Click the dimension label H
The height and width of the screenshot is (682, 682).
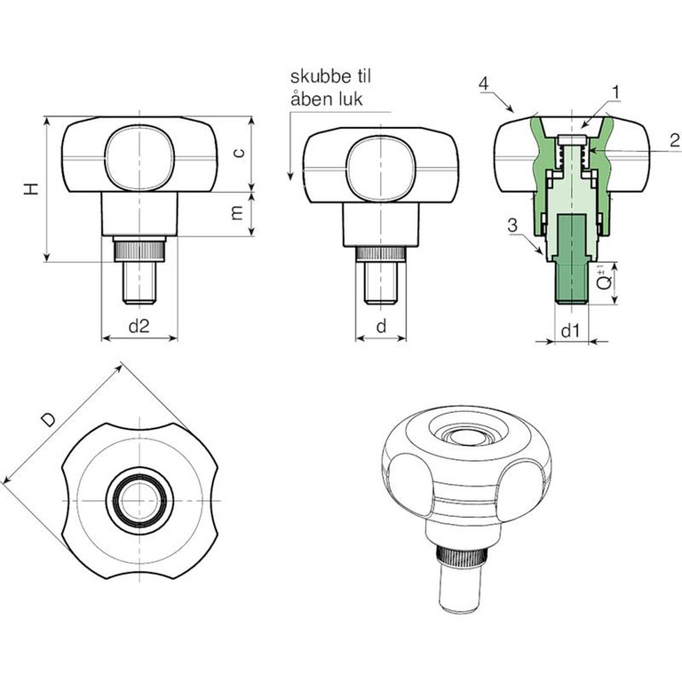point(31,189)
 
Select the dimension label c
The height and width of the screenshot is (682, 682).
point(238,152)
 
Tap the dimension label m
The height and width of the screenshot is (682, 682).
point(236,213)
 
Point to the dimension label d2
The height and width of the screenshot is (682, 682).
point(139,325)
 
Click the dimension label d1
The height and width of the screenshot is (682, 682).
point(570,331)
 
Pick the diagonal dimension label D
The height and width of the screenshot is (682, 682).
point(48,420)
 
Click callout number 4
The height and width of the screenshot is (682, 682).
point(484,83)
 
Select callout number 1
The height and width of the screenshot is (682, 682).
point(616,92)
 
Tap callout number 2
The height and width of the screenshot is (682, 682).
point(675,140)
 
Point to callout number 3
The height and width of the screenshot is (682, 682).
point(513,226)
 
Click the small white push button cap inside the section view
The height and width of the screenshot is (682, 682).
point(572,140)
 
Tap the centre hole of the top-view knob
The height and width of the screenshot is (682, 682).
point(139,501)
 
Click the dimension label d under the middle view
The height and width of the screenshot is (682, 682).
point(381,325)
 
